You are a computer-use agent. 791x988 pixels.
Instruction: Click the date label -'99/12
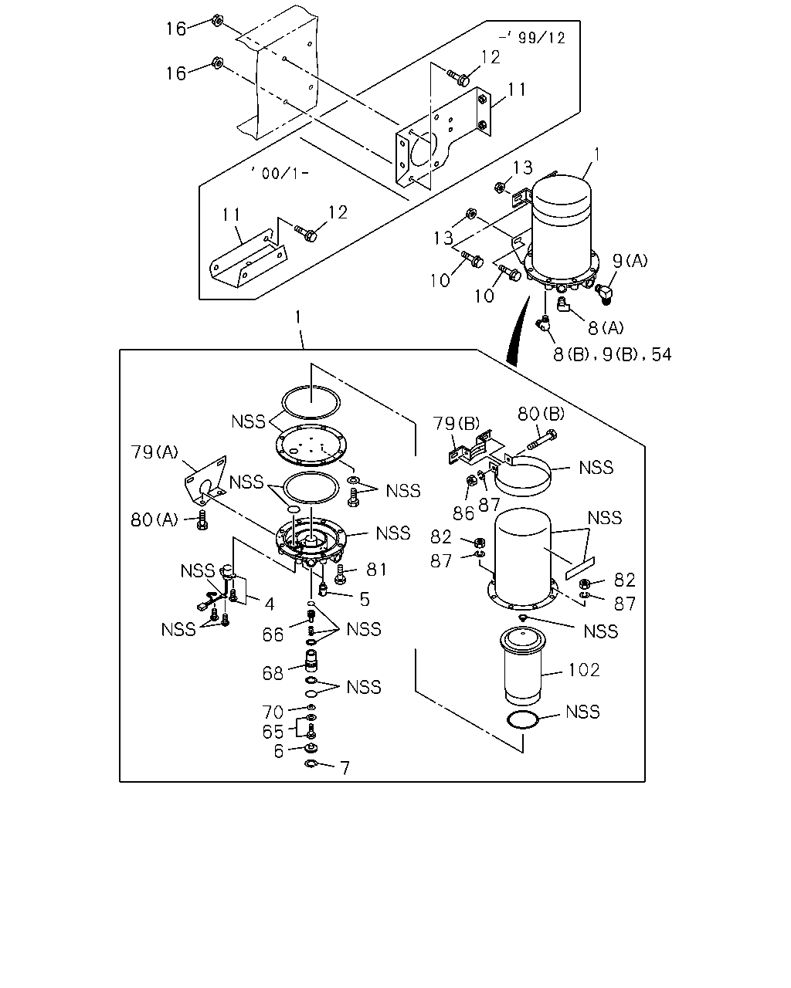[531, 38]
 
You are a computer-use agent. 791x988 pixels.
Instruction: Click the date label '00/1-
[280, 173]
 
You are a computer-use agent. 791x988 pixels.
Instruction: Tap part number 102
[584, 670]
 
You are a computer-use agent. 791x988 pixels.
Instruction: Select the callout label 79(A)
[154, 452]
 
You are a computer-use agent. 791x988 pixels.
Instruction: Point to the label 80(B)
[541, 414]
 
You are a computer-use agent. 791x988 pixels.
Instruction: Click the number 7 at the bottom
[345, 768]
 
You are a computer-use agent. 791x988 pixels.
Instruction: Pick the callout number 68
[273, 673]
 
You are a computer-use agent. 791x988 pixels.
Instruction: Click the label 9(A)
[630, 261]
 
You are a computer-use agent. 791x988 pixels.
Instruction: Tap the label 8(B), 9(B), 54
[613, 354]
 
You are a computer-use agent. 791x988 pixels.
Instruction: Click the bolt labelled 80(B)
[542, 439]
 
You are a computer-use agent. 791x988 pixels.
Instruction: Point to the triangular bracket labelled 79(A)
[205, 480]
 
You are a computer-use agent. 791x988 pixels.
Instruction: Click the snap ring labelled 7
[311, 763]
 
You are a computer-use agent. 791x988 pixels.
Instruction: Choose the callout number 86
[463, 513]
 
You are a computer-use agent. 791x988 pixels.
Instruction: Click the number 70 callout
[273, 712]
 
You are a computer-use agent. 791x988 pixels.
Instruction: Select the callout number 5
[365, 599]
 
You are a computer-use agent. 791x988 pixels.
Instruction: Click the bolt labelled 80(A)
[202, 520]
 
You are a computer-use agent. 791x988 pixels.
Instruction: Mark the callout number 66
[273, 634]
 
